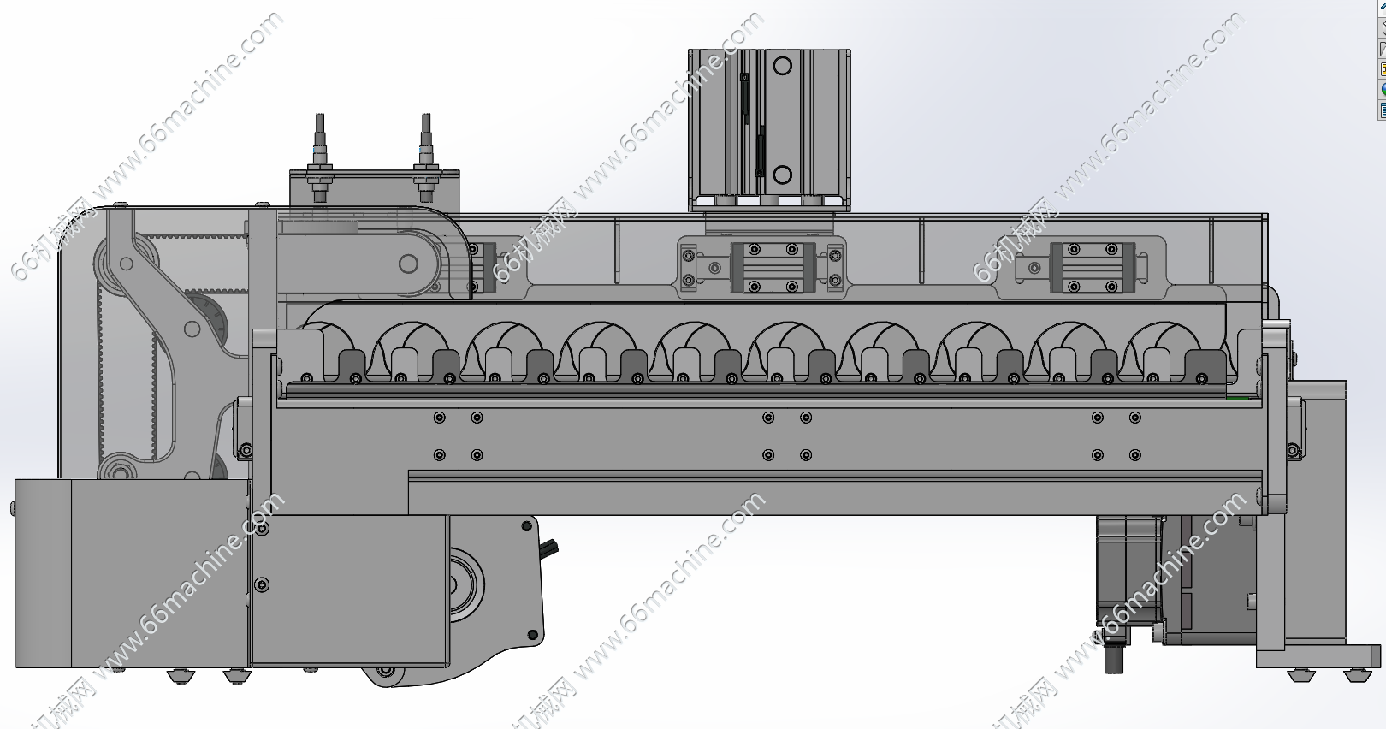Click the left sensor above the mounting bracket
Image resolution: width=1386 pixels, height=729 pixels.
click(x=320, y=157)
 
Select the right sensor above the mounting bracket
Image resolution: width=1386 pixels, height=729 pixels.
click(x=426, y=157)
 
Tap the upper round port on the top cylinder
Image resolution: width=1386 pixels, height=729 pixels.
click(x=782, y=65)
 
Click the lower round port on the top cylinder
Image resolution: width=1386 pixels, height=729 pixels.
click(x=782, y=175)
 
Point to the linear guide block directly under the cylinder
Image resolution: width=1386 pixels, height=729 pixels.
click(x=773, y=267)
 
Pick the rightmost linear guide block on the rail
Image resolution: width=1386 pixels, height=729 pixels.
click(x=1093, y=267)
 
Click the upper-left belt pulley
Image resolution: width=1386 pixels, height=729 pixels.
click(x=126, y=264)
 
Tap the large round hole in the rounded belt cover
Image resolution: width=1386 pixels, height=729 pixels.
click(x=408, y=264)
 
